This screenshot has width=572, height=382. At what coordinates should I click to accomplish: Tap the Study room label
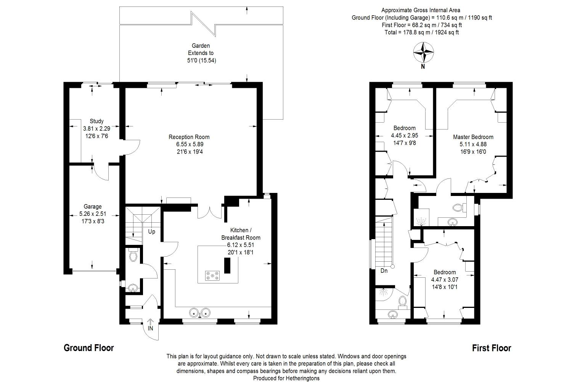point(96,121)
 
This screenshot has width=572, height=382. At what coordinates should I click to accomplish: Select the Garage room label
point(92,207)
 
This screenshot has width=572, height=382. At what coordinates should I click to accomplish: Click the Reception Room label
point(189,137)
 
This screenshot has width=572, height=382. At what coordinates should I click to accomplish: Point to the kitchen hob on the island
point(212,275)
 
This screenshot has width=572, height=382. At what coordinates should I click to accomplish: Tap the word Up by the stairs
point(152,231)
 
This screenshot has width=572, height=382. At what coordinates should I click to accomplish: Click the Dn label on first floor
point(384,271)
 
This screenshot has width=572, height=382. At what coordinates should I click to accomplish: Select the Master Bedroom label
point(473,137)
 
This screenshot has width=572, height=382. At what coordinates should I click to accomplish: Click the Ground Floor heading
point(88,348)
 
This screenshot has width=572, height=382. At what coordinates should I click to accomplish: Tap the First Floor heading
point(492,348)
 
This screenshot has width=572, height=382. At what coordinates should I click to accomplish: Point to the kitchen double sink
point(200,312)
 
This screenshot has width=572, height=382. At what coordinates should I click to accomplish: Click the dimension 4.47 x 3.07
point(445,280)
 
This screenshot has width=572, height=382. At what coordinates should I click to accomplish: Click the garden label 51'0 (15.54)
point(201,61)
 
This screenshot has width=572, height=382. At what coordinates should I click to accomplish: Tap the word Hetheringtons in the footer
point(303,378)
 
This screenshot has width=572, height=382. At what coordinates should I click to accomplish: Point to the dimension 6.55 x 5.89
point(190,144)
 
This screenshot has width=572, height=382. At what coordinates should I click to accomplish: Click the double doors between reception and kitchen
point(209,213)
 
